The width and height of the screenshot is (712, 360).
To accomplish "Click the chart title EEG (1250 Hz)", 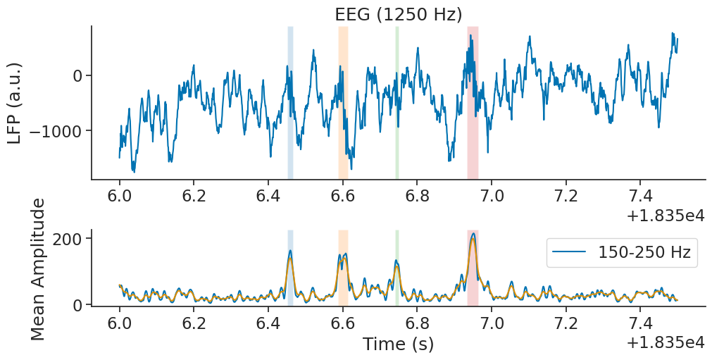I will click(397, 13).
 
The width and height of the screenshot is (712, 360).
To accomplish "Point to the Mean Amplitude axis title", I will click(39, 269).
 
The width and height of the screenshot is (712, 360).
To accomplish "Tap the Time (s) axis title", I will click(398, 345).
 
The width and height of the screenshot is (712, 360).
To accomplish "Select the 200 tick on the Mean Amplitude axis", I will click(68, 238).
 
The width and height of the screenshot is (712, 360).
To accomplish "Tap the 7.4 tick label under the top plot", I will click(640, 195).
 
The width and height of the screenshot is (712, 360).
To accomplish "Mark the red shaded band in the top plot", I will click(473, 103).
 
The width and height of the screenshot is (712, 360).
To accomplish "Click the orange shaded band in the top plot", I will click(343, 103).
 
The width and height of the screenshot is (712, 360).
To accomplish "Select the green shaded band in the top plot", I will click(397, 103).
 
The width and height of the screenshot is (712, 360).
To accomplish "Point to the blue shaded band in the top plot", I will click(290, 103).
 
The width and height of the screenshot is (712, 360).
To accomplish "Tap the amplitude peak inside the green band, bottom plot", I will click(397, 263).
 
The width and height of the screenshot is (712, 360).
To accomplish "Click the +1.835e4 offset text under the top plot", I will click(666, 215).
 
